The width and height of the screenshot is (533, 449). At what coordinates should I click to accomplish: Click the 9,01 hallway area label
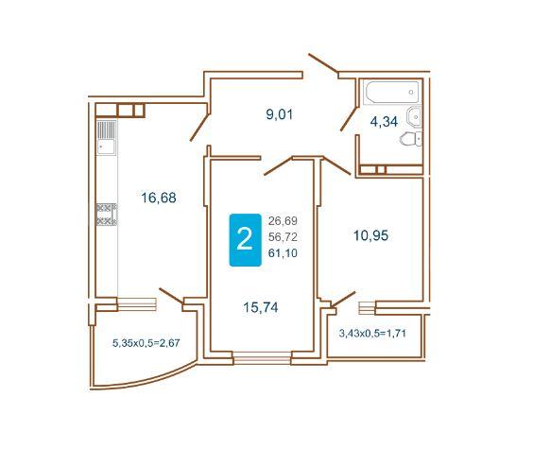coord(280,115)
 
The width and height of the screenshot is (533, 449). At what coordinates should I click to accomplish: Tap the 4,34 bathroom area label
coord(384,122)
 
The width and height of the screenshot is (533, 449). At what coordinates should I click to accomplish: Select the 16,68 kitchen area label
coord(159,198)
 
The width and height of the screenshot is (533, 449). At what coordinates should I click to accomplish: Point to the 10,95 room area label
coord(370,235)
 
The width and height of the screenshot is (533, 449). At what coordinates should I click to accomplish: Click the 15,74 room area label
coord(261,307)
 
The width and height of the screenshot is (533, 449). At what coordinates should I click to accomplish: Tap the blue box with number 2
coord(245,240)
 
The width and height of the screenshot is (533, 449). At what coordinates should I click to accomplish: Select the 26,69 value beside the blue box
coord(283,221)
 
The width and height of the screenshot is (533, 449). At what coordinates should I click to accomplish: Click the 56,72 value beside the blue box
coord(283,237)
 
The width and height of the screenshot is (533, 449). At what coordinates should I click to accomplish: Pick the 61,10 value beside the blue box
coord(283,253)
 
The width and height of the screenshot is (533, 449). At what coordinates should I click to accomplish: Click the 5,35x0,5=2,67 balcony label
coord(146,343)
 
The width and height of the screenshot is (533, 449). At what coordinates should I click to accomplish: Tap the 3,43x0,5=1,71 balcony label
coord(372,333)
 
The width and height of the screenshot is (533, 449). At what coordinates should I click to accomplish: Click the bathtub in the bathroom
coord(391,92)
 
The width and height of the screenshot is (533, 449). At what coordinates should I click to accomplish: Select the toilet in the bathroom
coord(411,139)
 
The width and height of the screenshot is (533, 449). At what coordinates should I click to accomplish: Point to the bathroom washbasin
coord(414,117)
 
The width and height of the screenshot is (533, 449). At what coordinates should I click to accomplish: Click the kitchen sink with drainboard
coord(106,137)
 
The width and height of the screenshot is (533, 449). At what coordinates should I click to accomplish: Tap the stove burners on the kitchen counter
coord(107,215)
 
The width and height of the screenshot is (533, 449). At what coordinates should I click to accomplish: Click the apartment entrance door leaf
coord(323,63)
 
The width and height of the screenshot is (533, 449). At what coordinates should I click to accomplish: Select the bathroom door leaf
coord(350,118)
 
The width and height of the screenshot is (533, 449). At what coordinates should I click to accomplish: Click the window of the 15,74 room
coord(262,358)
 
